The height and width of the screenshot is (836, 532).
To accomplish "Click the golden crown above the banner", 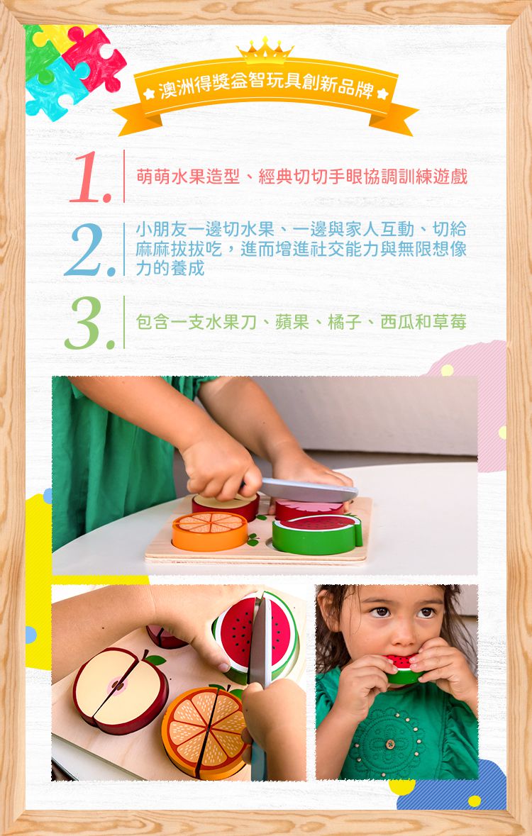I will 265,50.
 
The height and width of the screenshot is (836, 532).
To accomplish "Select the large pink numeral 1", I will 91,177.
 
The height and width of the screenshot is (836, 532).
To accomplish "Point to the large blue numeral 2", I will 88,250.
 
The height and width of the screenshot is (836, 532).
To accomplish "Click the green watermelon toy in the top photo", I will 316,535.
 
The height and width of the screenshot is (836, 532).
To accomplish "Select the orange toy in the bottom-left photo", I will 204,730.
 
